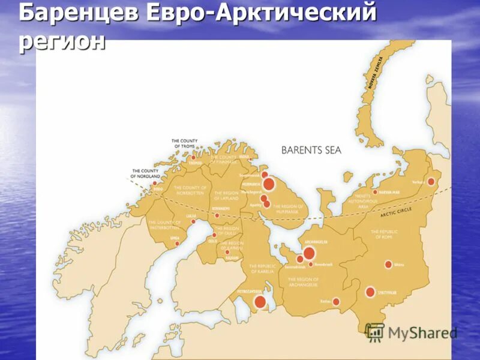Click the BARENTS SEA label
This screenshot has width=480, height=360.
click(311, 150)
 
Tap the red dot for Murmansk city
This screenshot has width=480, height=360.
click(269, 184)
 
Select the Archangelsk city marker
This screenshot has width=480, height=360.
click(309, 253)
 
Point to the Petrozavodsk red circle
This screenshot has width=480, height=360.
click(260, 302)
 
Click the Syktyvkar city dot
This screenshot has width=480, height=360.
click(370, 292)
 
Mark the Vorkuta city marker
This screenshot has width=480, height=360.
click(431, 181)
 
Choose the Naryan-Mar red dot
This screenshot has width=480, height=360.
click(375, 193)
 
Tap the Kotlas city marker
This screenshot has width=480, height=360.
click(336, 302)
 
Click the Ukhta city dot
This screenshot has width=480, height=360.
click(388, 265)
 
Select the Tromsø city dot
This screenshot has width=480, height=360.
click(193, 158)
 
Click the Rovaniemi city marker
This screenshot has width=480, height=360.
click(217, 215)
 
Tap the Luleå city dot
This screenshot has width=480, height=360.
click(193, 221)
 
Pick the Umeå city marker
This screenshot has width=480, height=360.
click(177, 244)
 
